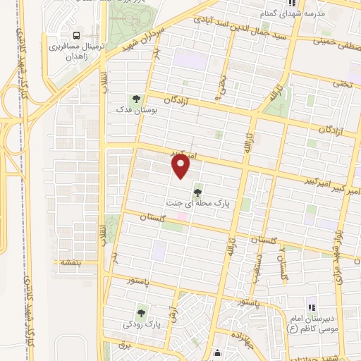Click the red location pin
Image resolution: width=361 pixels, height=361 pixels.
click(182, 166)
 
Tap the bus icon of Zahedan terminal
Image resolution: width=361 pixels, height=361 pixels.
click(75, 35)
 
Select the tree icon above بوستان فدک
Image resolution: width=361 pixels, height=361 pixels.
click(135, 98)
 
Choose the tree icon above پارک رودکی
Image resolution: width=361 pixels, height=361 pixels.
click(142, 312)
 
